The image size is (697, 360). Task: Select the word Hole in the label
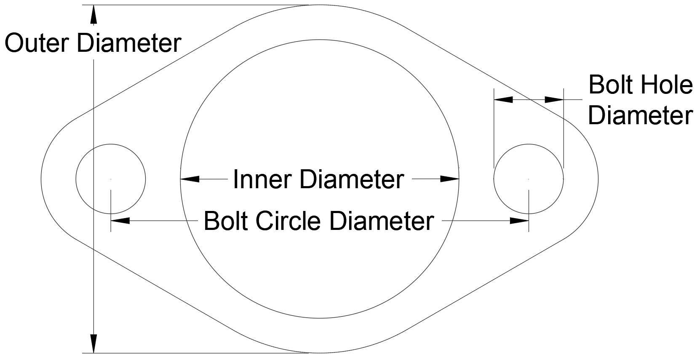(x=666, y=85)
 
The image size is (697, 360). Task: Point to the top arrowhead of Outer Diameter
(x=93, y=14)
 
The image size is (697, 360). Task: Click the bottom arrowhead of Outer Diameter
(x=93, y=344)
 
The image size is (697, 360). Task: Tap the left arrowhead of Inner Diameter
(x=190, y=179)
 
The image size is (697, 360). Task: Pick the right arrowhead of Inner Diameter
(x=450, y=179)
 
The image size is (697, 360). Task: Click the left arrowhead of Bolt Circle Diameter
(x=120, y=220)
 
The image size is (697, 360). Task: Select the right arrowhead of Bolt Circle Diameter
(x=519, y=220)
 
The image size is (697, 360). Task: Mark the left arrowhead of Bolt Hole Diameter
(x=504, y=99)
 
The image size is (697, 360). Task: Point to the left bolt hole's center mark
(x=111, y=179)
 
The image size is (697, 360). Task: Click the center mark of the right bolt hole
(x=529, y=179)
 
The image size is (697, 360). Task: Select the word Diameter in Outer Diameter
(x=129, y=43)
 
